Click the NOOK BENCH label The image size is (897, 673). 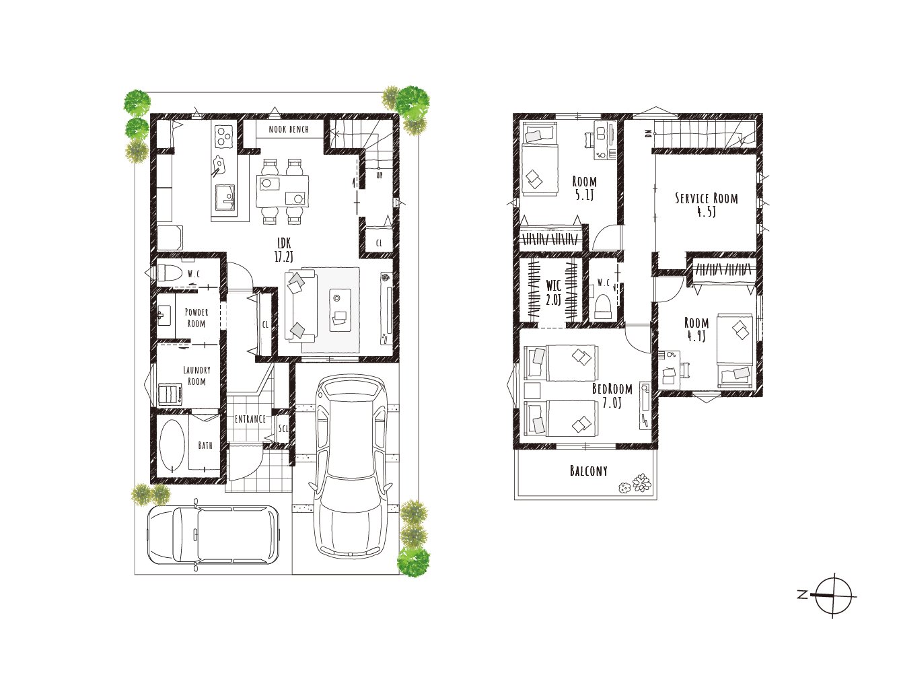coord(289,129)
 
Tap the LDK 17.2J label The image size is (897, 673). coord(284,250)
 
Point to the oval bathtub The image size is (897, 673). coord(172,446)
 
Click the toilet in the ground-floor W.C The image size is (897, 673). coord(169,273)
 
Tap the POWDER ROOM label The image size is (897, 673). coord(196,318)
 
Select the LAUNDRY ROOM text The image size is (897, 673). coord(196,376)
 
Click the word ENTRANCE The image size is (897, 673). coord(250,419)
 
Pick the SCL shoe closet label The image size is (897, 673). coord(283,429)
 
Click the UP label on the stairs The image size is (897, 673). coord(380,175)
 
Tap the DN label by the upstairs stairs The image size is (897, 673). coord(648,134)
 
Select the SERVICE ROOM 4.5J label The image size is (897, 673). coord(706,205)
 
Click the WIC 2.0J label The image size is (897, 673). coord(553,293)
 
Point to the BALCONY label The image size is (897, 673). coord(588,471)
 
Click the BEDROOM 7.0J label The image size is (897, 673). coord(612,395)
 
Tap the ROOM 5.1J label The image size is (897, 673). coord(584,188)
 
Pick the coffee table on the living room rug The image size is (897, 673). coord(340,310)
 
